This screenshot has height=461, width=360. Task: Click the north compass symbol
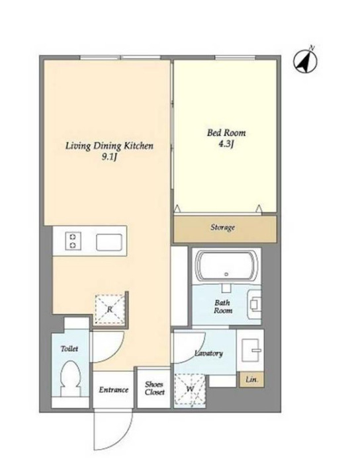pyautogui.click(x=306, y=61)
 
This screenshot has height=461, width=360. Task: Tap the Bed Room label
pyautogui.click(x=226, y=133)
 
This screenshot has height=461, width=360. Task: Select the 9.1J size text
pyautogui.click(x=109, y=157)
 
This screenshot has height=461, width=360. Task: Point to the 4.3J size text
pyautogui.click(x=226, y=144)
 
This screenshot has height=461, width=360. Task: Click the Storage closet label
pyautogui.click(x=222, y=228)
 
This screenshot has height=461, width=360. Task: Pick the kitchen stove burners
pyautogui.click(x=73, y=241)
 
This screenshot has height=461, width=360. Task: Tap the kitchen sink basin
pyautogui.click(x=109, y=242)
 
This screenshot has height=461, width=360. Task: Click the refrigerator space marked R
pyautogui.click(x=110, y=309)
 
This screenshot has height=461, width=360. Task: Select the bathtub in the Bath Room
pyautogui.click(x=226, y=267)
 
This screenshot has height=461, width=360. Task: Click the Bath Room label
pyautogui.click(x=223, y=307)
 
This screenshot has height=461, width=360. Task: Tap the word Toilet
pyautogui.click(x=69, y=349)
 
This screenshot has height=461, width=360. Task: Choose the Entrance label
pyautogui.click(x=114, y=390)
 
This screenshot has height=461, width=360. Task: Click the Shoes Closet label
pyautogui.click(x=154, y=388)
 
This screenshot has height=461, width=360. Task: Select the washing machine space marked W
pyautogui.click(x=190, y=390)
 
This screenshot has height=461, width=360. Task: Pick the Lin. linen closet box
pyautogui.click(x=251, y=379)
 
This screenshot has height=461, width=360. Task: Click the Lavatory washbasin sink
pyautogui.click(x=251, y=350)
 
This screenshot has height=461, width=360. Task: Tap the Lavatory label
pyautogui.click(x=209, y=353)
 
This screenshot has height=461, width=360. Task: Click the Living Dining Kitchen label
pyautogui.click(x=109, y=146)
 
